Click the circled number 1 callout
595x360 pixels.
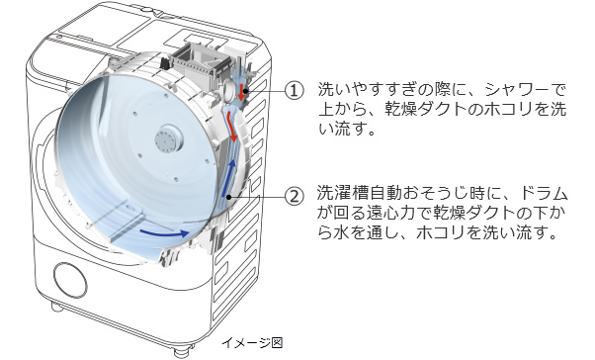[x=295, y=91]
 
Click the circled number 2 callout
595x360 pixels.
[x=295, y=197]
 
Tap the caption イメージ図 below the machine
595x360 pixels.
[x=252, y=343]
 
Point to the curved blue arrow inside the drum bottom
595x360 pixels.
[x=164, y=232]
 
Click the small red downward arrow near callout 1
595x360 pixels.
[x=240, y=91]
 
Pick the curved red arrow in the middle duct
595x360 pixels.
[x=232, y=128]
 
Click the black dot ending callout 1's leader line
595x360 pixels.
[x=246, y=91]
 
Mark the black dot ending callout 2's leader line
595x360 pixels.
[x=229, y=197]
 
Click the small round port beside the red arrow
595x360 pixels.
[x=230, y=89]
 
